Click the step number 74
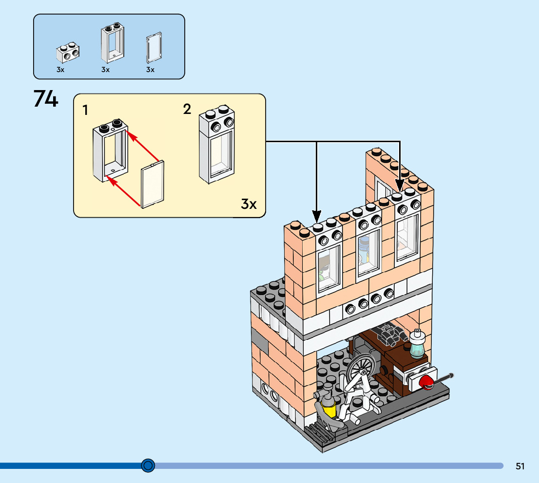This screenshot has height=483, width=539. point(46,98)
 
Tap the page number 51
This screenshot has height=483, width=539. point(520,466)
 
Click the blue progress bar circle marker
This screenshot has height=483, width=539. point(148,465)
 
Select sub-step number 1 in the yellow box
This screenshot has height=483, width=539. point(85,110)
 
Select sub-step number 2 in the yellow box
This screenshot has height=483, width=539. point(187,109)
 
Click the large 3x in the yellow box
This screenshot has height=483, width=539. point(249,204)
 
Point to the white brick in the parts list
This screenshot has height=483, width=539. point(68,53)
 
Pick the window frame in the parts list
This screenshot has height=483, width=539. point(113,43)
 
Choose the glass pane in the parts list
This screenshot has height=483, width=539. point(154,48)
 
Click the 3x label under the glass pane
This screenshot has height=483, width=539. point(150,70)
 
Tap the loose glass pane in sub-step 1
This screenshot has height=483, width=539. point(153,185)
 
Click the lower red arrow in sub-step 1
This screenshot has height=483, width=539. point(123,191)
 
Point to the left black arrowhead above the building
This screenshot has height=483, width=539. point(317,216)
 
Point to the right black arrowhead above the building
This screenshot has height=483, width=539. point(400,186)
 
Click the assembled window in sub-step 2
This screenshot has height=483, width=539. point(217,144)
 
